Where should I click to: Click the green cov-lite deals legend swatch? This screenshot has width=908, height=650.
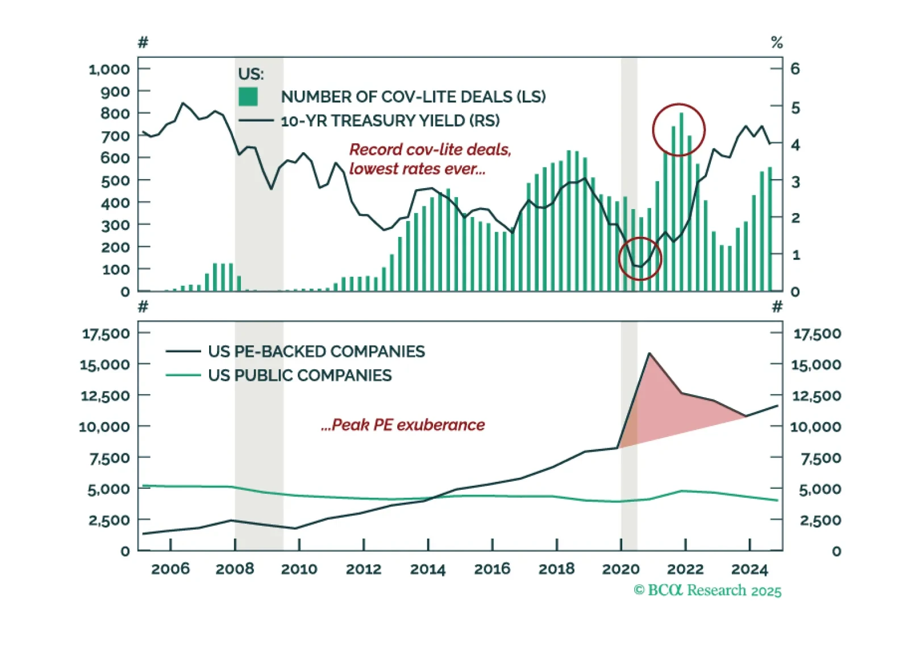248,97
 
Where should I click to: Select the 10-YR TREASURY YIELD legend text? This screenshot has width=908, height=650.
390,120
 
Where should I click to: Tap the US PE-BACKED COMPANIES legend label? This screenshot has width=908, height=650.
316,351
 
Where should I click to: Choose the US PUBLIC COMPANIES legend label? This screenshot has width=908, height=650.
299,375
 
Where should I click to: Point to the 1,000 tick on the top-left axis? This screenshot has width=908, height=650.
109,69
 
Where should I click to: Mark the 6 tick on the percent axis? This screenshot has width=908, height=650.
795,69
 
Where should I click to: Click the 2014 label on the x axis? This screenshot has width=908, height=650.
428,569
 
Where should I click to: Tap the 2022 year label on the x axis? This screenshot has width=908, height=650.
685,569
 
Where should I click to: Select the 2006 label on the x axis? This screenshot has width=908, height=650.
170,569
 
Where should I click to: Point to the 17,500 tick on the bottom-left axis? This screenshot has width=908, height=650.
106,334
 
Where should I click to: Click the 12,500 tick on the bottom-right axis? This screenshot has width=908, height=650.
816,395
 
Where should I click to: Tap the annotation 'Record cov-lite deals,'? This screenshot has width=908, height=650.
430,149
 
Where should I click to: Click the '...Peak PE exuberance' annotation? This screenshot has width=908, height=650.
403,425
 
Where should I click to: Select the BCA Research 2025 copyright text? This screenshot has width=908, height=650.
707,590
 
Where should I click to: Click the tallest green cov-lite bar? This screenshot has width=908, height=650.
681,202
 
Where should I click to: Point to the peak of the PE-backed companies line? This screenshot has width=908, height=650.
649,353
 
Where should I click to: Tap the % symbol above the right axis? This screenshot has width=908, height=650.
777,43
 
